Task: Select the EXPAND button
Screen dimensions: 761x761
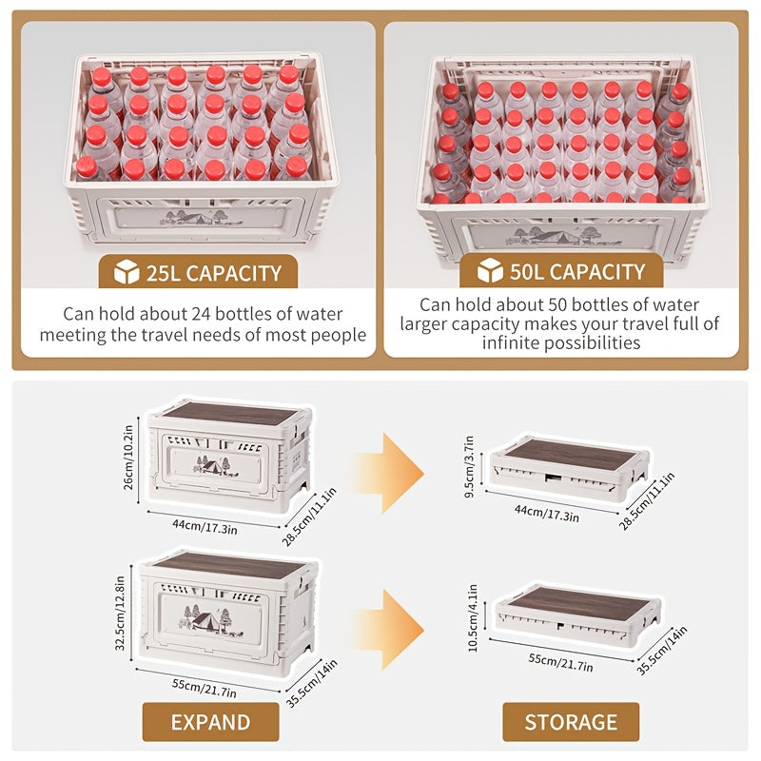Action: coord(210,722)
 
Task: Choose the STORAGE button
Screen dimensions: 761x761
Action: coord(571,722)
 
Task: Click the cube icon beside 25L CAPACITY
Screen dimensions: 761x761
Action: coord(127,272)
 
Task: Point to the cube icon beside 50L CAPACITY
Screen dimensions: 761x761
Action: coord(490,270)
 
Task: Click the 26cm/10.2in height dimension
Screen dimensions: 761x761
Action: coord(128,458)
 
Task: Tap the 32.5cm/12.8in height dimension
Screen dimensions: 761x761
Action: coord(120,613)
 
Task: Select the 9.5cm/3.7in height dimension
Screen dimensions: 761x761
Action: coord(469,467)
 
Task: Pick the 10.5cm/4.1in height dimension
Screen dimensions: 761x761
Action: coord(472,617)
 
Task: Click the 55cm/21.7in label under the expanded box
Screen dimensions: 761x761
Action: coord(205,688)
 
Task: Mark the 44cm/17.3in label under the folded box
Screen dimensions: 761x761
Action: coord(547,513)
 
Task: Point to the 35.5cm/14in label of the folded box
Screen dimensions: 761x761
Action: coord(662,651)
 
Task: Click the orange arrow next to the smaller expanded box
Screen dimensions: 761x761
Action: coord(391,473)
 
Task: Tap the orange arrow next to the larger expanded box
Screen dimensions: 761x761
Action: coord(391,630)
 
